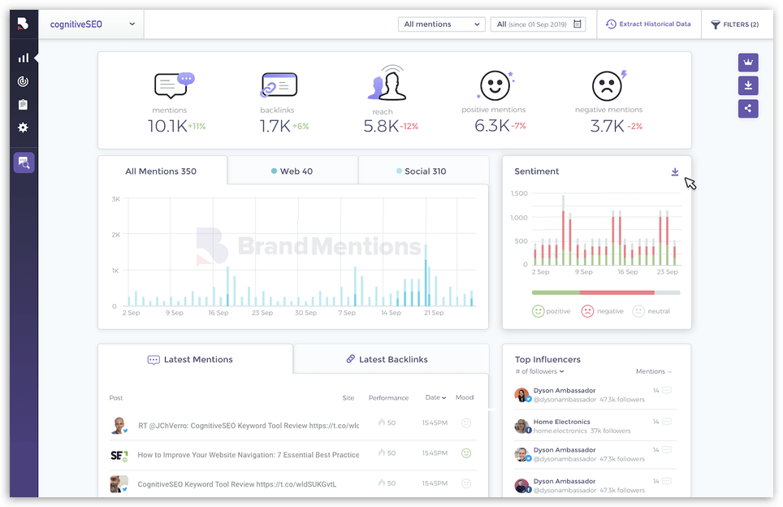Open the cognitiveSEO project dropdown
pos(91,24)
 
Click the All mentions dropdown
pos(441,24)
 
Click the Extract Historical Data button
pos(648,24)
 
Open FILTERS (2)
pos(735,24)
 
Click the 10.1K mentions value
pos(167,126)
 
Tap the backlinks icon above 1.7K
pos(279,85)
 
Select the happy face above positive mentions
pos(494,84)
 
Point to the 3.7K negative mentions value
pos(607,126)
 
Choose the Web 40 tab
pos(292,171)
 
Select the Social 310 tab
pos(422,171)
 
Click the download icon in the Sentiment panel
pos(675,171)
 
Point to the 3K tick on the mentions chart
pos(116,199)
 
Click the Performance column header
pos(388,397)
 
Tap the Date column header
pos(435,397)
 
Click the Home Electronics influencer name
pos(562,422)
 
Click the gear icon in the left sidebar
pos(23,128)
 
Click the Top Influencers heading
pos(547,359)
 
